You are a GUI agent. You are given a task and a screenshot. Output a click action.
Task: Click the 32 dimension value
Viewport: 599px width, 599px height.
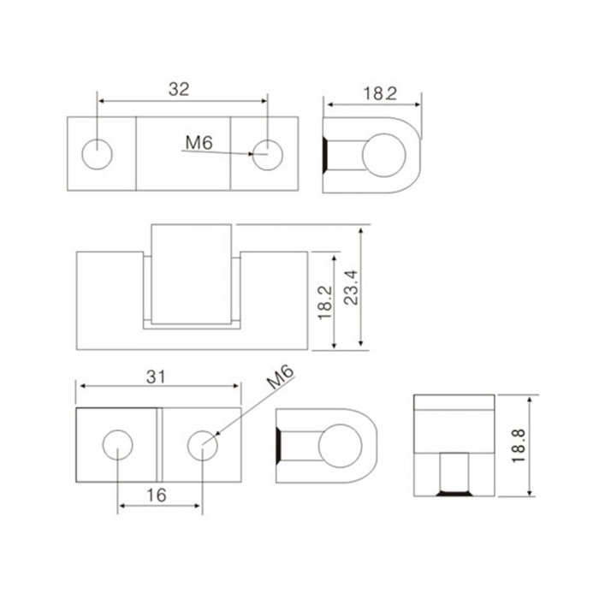(x=179, y=89)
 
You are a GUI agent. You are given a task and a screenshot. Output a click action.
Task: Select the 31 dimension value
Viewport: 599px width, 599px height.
(x=157, y=377)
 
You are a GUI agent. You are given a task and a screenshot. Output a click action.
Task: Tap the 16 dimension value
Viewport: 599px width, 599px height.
(x=157, y=495)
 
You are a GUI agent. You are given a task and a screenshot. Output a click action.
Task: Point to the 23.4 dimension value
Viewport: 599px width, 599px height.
(x=351, y=288)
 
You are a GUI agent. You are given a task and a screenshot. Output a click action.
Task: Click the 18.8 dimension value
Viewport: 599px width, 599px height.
(x=519, y=446)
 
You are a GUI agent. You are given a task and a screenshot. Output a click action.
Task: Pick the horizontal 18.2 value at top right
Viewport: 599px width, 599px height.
(x=380, y=93)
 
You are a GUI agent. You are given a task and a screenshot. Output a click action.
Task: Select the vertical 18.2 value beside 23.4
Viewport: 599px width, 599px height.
(x=325, y=303)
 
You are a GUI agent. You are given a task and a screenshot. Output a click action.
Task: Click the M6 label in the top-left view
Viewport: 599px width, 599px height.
(x=199, y=143)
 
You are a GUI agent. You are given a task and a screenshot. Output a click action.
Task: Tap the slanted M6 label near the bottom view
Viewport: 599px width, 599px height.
(x=281, y=377)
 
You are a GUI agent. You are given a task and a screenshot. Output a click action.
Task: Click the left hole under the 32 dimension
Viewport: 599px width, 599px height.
(x=97, y=154)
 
